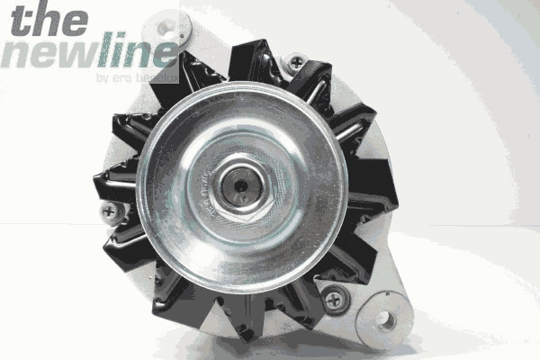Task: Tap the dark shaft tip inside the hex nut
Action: click(x=241, y=186)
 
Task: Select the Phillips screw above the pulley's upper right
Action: click(x=296, y=62)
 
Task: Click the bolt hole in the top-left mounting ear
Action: click(x=166, y=27)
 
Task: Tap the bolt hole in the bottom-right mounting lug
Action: click(x=385, y=319)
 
